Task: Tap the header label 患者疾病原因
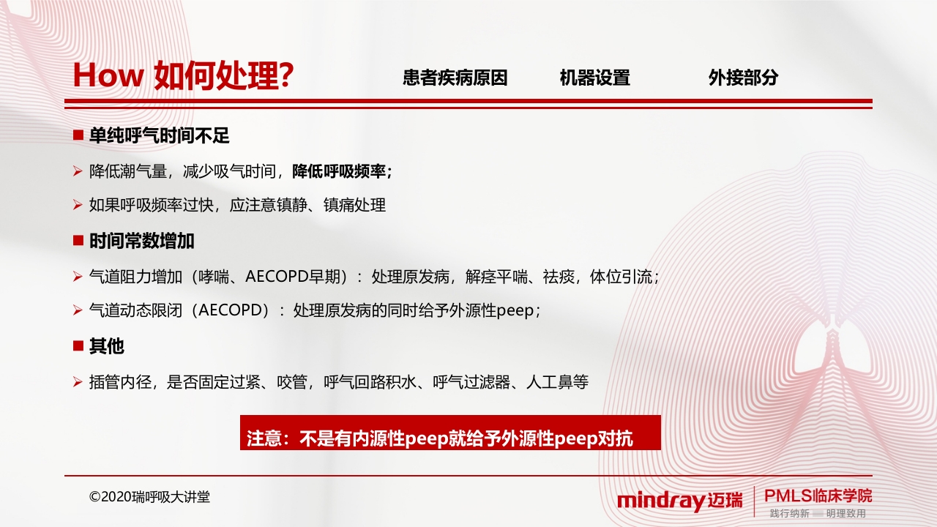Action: coord(455,78)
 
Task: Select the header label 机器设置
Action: coord(594,78)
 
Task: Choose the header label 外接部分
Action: coord(743,78)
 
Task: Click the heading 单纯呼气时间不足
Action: coord(160,135)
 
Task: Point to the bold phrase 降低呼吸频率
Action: coord(339,171)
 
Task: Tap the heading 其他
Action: coord(107,346)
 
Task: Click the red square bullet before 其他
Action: coord(78,345)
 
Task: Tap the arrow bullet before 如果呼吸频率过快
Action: coord(78,206)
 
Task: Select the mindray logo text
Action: coord(661,501)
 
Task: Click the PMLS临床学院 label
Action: coord(818,496)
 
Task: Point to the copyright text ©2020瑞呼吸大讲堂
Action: coord(149,497)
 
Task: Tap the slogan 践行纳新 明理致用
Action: coord(818,514)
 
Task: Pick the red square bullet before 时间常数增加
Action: coord(78,240)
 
